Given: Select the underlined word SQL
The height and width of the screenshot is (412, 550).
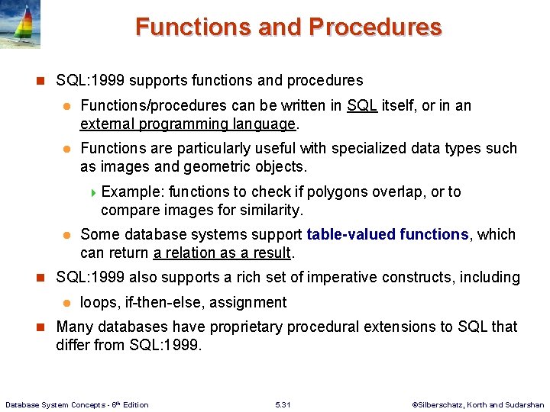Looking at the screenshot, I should (x=362, y=105).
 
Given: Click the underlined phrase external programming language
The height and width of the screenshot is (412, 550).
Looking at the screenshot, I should (x=189, y=124).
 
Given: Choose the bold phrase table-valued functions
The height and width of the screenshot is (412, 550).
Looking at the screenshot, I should (x=387, y=234).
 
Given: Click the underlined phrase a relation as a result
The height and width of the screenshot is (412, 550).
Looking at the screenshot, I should (x=223, y=253).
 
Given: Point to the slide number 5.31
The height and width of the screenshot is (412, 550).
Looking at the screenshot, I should (x=282, y=404).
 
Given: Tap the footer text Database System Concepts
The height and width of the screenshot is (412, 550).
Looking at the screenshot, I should (x=76, y=404).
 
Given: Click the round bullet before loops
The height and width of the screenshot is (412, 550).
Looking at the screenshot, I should (x=66, y=303).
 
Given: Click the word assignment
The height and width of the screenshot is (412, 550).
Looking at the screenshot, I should (x=251, y=302).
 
